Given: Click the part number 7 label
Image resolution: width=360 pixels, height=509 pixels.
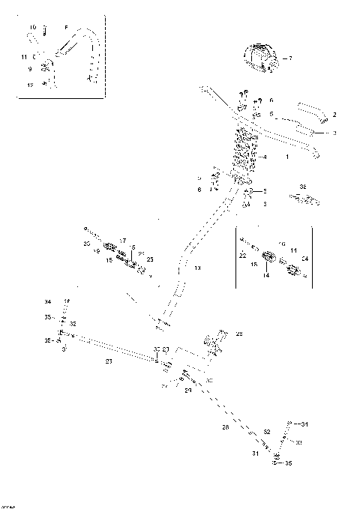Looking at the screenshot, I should click(x=290, y=58).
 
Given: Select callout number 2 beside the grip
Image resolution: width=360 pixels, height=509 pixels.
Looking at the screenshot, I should click(x=334, y=114).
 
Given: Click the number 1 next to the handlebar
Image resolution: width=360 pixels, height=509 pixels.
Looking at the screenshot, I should click(x=287, y=158).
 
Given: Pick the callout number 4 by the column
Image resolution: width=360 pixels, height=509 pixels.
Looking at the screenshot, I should click(x=265, y=157).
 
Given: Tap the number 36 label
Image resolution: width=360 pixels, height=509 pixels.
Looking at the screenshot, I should click(x=302, y=186).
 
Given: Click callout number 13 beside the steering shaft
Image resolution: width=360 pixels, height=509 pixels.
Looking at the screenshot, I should click(x=197, y=268).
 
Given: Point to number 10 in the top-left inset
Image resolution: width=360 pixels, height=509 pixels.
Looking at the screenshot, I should click(x=32, y=28).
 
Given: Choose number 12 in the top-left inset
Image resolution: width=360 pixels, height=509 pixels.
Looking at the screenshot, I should click(x=31, y=85).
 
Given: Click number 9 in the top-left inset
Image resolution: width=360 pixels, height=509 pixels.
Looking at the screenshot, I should click(x=30, y=69).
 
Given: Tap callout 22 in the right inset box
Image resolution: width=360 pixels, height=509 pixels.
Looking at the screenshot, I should click(x=243, y=256).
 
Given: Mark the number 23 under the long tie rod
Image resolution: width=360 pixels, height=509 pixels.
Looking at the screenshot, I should click(x=109, y=361).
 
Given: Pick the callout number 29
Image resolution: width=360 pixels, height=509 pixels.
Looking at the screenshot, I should click(x=239, y=334).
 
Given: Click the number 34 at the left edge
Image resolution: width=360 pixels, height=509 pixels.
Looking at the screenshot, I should click(x=47, y=301).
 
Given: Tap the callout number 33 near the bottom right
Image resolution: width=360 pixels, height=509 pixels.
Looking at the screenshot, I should click(x=298, y=443).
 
